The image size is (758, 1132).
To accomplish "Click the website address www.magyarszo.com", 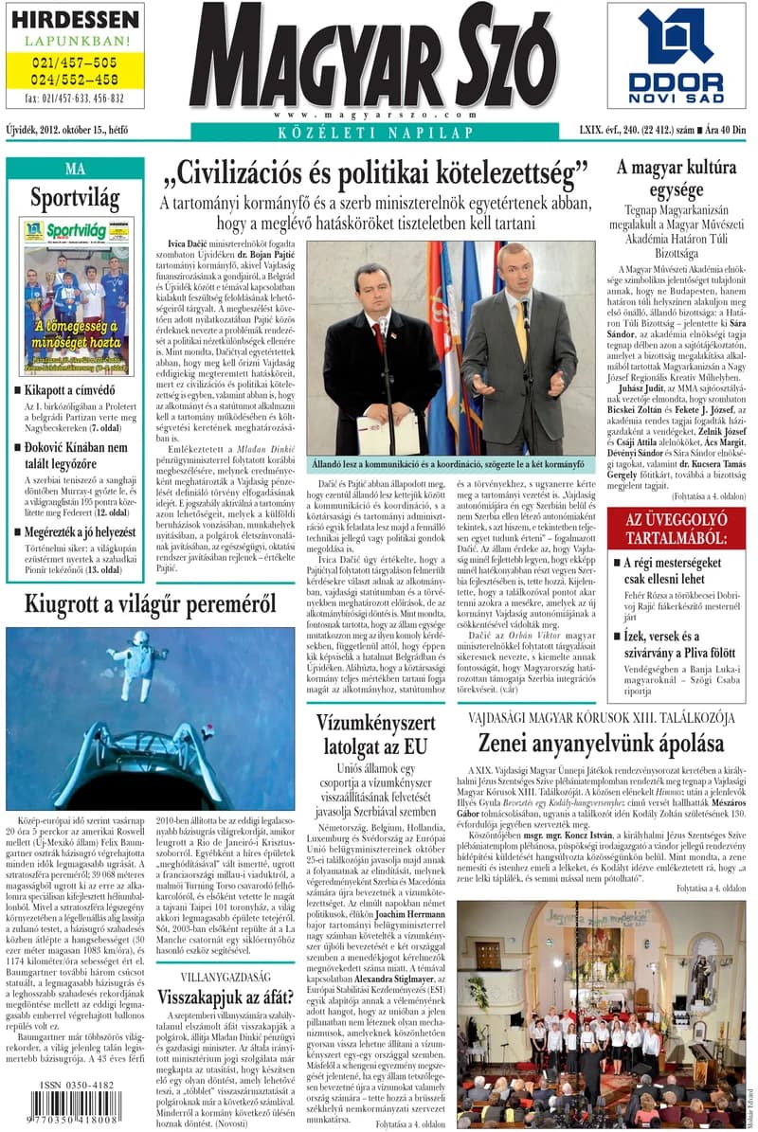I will click(372, 114).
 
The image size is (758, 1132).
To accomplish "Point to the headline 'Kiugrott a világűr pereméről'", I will click(150, 602).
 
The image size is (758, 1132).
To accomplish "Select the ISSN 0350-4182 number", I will click(78, 1086).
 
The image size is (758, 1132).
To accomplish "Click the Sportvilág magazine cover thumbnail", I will click(77, 296).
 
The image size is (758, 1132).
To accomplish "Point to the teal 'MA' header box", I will click(75, 169).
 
